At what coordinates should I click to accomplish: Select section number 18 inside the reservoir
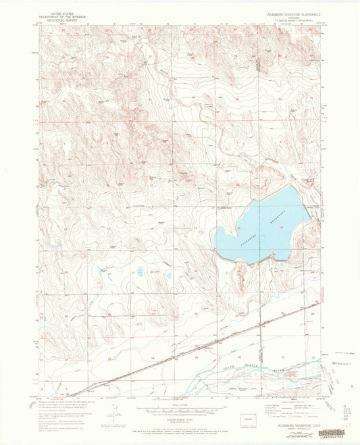[280, 228]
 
